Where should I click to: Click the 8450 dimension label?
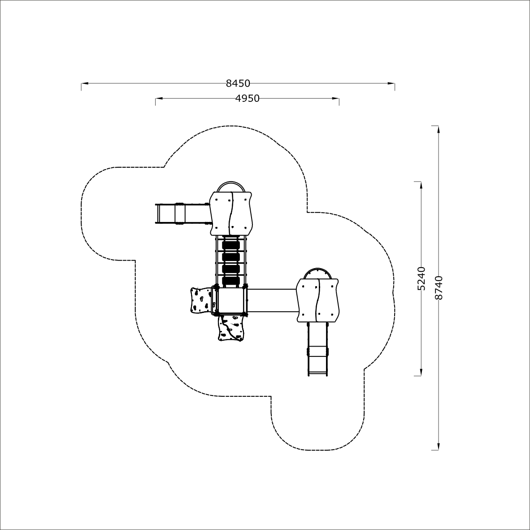coord(238,83)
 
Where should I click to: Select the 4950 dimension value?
coord(248,98)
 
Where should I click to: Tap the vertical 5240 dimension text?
coord(421,278)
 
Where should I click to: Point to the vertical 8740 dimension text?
coord(439,288)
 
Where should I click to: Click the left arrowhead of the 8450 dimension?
coord(85,83)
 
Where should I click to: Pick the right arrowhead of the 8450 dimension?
coord(391,83)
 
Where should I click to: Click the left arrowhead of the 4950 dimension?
coord(159,98)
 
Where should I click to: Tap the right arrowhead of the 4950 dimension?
coord(335,98)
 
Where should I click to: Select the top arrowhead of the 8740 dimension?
coord(439,130)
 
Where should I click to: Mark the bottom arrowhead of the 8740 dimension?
coord(439,446)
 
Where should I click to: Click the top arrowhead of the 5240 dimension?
coord(421,186)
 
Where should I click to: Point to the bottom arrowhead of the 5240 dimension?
coord(421,372)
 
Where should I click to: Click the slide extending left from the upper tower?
coord(182,213)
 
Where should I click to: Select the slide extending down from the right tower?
coord(317,349)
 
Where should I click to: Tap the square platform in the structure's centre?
coord(231,300)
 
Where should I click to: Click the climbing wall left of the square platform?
coord(201,300)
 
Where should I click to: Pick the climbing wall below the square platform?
coord(231,327)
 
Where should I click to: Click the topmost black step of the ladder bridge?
coord(231,244)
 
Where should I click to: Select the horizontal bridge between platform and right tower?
coord(273,300)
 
